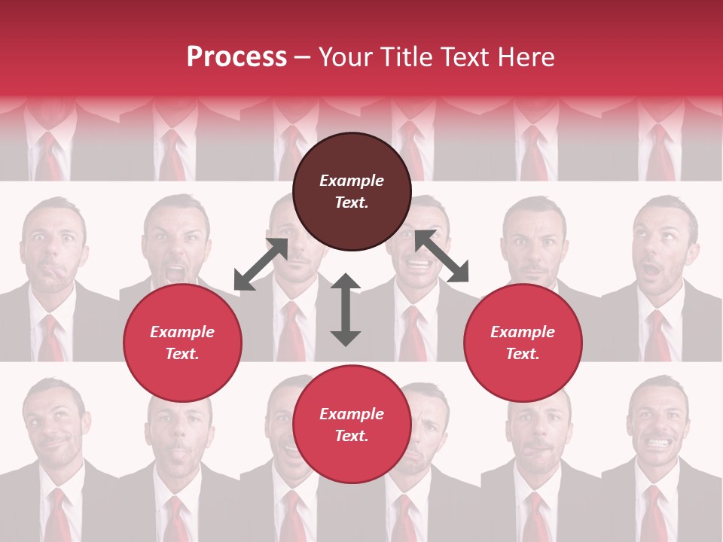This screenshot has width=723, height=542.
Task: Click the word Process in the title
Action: pos(236,57)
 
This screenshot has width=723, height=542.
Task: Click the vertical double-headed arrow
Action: pos(346,309)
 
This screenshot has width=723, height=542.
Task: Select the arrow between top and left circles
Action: pos(261,264)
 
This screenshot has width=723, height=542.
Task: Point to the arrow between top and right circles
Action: pos(442,256)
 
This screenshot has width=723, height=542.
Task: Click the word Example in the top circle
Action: pos(352,181)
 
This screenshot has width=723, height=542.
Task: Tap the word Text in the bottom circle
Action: pos(351,436)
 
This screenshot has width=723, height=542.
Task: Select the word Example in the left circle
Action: pos(182,332)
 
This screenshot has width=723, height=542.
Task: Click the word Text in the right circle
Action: pos(522,354)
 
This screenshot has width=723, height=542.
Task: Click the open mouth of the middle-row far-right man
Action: pos(651,268)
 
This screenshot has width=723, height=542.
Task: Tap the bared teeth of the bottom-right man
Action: pos(658,443)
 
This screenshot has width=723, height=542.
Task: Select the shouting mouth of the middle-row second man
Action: pos(175,269)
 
